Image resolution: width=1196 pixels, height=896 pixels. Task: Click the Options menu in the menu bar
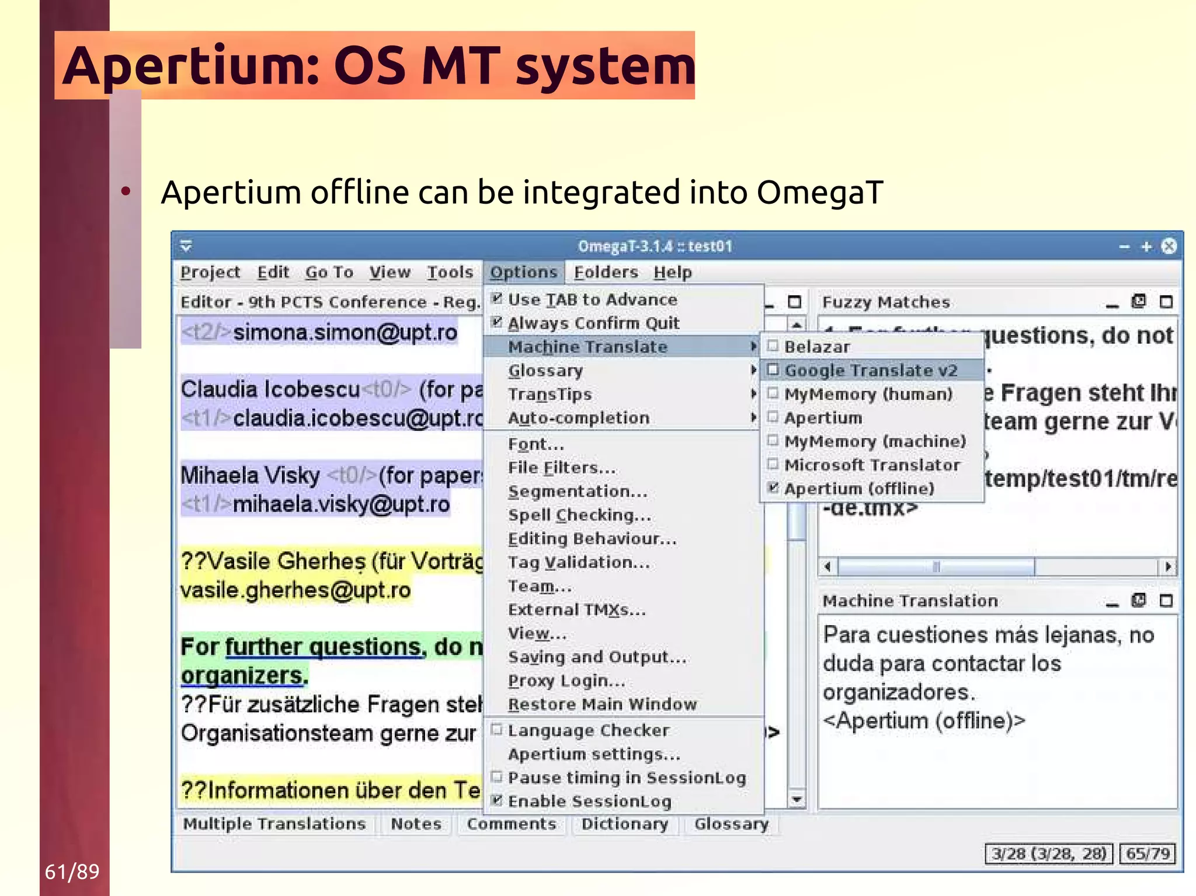[523, 272]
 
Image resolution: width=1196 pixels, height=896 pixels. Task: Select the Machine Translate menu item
[587, 347]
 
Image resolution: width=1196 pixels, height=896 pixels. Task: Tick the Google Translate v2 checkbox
[773, 370]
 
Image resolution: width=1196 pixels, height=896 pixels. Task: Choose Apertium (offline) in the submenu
[858, 489]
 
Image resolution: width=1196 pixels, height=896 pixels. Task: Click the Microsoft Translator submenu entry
[871, 465]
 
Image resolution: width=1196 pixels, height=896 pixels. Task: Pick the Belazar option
[816, 347]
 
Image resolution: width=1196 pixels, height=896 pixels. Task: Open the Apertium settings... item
[594, 754]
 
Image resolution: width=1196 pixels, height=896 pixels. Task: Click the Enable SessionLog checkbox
[497, 801]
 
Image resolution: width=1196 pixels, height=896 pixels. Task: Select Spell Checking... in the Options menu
[579, 515]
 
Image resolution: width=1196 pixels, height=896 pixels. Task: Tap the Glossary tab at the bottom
[731, 824]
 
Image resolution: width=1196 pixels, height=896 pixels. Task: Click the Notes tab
[416, 824]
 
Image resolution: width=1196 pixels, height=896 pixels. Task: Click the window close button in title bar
[1169, 246]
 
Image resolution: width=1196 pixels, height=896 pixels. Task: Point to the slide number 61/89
[72, 871]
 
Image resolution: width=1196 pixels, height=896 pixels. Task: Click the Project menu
[210, 272]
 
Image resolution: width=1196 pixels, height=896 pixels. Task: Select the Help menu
[672, 272]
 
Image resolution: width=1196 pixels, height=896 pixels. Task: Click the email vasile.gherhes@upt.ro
[295, 590]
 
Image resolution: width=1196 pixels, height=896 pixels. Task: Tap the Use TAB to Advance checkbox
[497, 299]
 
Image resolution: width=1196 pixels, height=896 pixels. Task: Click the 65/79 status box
[1147, 853]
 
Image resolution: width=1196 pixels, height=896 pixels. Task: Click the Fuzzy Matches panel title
[885, 302]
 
